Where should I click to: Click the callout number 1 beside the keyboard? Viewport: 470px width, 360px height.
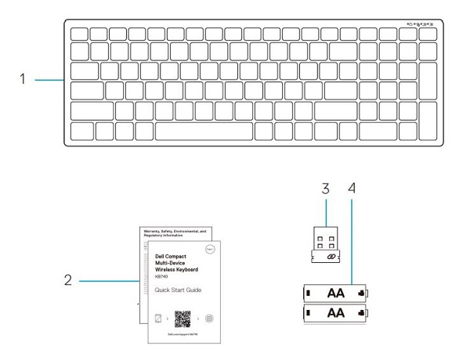[23, 79]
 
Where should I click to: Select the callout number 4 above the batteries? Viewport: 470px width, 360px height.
[352, 189]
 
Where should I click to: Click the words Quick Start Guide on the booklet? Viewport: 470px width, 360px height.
[179, 290]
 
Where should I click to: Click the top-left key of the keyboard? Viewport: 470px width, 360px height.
[79, 34]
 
